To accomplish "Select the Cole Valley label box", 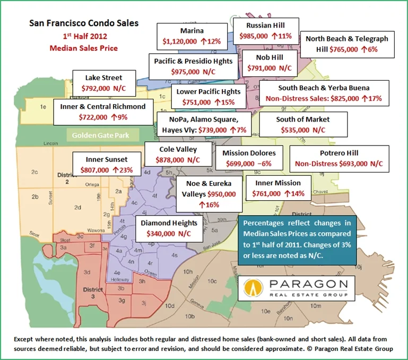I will click(178, 155).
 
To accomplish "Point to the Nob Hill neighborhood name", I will click(270, 57).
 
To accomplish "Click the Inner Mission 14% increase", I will click(294, 194).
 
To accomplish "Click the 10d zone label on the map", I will click(170, 306).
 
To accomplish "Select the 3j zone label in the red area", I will click(144, 303).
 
